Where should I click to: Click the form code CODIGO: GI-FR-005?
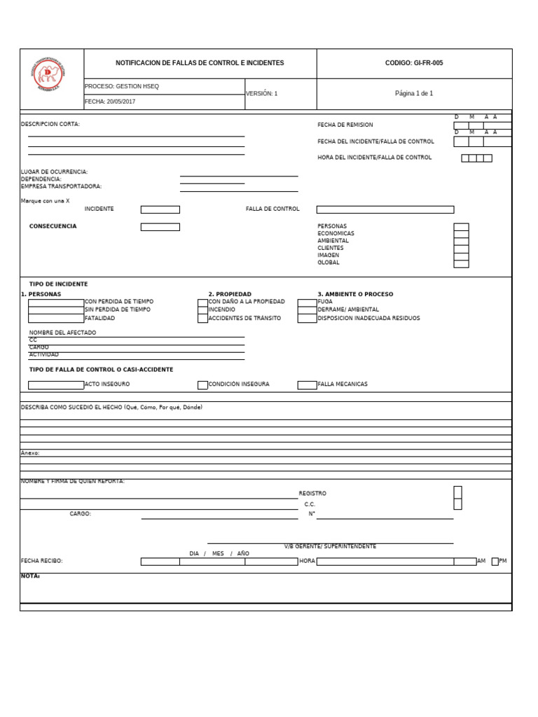(x=414, y=63)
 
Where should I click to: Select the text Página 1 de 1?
(x=414, y=93)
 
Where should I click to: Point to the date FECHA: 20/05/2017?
(x=110, y=102)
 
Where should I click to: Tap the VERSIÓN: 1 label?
(x=261, y=93)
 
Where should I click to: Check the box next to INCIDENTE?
(x=160, y=209)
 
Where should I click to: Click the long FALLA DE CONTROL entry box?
(x=385, y=209)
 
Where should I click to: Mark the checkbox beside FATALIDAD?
(x=56, y=319)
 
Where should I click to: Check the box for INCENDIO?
(x=202, y=309)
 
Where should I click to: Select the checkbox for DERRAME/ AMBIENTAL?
(x=307, y=309)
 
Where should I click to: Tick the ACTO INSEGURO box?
(x=56, y=384)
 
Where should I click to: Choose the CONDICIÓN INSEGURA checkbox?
(x=202, y=384)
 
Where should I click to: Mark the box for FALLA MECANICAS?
(x=307, y=384)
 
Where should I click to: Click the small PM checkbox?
(x=495, y=561)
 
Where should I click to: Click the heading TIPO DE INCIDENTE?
(x=58, y=284)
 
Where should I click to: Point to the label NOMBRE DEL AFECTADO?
(x=62, y=333)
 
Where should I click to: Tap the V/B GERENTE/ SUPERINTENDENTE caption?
(x=330, y=546)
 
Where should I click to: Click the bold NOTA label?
(x=30, y=576)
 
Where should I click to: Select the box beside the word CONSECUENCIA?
(x=160, y=227)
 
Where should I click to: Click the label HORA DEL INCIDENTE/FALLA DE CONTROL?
(x=375, y=158)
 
